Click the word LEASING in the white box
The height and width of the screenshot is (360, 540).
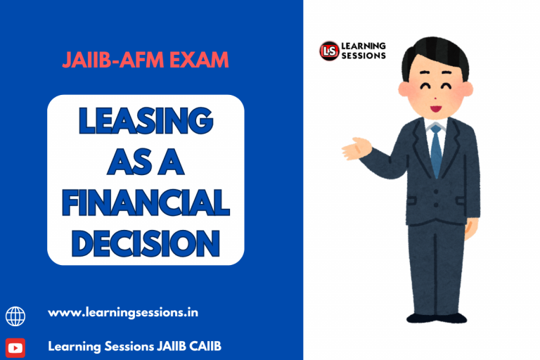146,121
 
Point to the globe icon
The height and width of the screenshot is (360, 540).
15,316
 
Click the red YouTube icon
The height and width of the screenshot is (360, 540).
15,347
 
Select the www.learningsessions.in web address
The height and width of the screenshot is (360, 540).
122,312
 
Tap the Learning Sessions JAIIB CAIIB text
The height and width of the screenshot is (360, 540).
135,346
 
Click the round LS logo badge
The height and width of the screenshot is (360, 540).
329,51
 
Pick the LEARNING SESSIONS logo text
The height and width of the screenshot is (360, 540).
363,51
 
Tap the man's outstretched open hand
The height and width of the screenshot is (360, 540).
355,148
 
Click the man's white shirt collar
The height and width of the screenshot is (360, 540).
436,127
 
